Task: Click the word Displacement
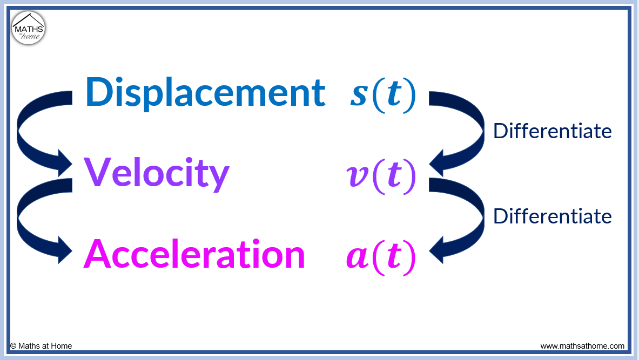click(205, 92)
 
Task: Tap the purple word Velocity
click(157, 174)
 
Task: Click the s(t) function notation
click(383, 94)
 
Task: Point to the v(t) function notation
click(381, 175)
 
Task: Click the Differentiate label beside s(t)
click(552, 131)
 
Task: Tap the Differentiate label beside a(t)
click(552, 216)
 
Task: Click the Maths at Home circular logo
click(29, 28)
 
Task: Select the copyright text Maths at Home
click(41, 346)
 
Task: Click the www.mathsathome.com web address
click(582, 346)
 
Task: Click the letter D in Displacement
click(98, 92)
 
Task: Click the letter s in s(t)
click(359, 96)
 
